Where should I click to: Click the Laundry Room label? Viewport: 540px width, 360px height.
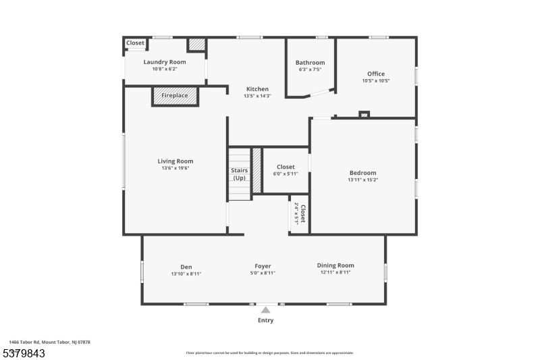point(165,62)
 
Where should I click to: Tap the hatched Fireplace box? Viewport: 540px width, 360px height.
point(175,96)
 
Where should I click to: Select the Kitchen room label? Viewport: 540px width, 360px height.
point(257,89)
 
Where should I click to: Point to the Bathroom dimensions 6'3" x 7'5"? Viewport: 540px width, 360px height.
point(310,70)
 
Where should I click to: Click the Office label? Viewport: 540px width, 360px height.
point(376,74)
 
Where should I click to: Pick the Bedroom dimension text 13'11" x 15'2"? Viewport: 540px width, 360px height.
point(362,180)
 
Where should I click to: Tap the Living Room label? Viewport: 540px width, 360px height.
point(175,161)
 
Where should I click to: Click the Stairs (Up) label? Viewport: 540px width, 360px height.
point(240,174)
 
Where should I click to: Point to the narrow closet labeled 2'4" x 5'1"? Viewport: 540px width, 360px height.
point(299,215)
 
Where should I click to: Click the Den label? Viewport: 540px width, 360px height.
point(186,266)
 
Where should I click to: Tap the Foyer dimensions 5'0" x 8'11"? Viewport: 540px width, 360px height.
point(263,274)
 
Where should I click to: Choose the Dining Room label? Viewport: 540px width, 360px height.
point(335,265)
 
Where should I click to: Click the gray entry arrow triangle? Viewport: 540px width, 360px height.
point(266,310)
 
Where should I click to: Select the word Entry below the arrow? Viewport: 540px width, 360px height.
point(266,320)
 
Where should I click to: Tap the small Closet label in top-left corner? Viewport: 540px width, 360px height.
point(136,43)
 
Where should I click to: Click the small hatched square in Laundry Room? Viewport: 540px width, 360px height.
point(196,45)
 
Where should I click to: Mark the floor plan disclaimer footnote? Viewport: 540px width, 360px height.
point(269,353)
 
